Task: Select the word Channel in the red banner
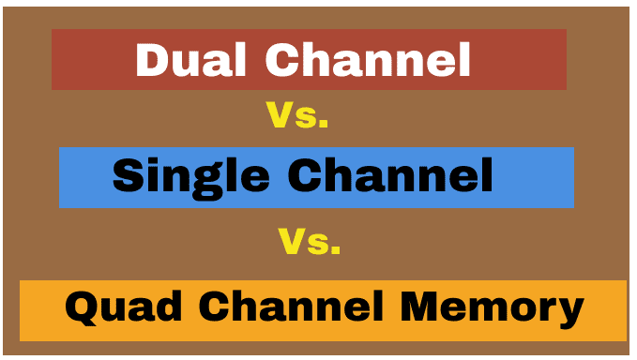pos(367,60)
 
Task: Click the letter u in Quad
pos(110,310)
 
